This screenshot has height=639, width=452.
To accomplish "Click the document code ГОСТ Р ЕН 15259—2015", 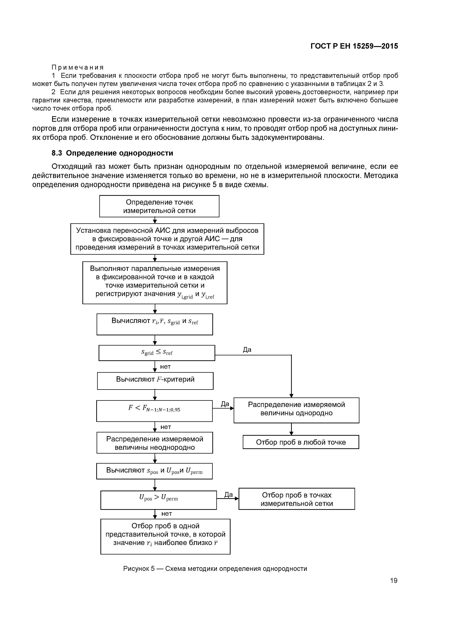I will click(354, 46).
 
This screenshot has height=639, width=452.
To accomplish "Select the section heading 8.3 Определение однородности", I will click(112, 153).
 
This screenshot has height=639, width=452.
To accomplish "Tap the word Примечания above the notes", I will click(78, 67).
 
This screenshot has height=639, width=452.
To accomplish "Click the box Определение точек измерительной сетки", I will click(159, 206).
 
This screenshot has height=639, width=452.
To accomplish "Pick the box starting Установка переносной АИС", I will click(167, 239).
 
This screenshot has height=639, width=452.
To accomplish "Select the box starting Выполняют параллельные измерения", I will click(155, 283).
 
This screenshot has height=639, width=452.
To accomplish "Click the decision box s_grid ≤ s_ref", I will click(157, 353).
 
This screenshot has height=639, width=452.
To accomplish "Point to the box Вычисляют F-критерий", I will click(155, 381).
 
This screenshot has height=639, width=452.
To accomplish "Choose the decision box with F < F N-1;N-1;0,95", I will click(154, 411).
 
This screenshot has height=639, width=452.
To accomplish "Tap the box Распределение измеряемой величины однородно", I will click(296, 410).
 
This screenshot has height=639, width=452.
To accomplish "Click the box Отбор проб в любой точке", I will click(301, 442).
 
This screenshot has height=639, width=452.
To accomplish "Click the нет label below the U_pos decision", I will click(167, 513).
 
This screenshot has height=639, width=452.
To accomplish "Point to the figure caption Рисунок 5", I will click(215, 569).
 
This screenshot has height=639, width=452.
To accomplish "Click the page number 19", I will click(393, 581).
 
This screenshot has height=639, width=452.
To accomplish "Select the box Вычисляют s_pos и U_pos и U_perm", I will click(154, 471).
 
